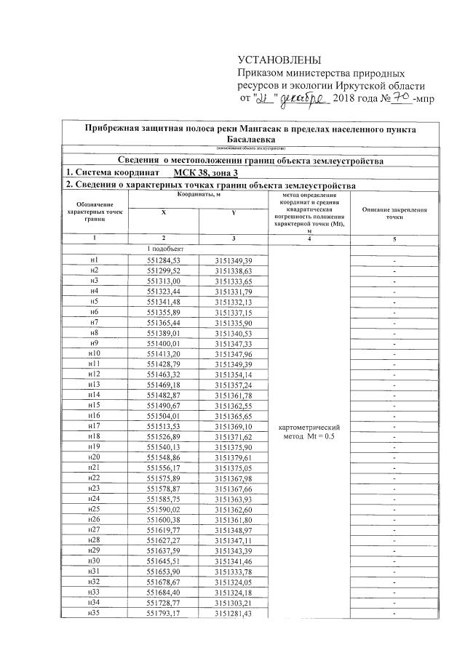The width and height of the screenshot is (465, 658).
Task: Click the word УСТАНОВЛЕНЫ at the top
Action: pyautogui.click(x=279, y=60)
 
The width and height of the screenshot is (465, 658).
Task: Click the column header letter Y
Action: pyautogui.click(x=232, y=212)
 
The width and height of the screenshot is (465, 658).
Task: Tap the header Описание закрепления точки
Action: pyautogui.click(x=394, y=213)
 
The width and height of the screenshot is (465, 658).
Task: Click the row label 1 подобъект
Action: pyautogui.click(x=164, y=249)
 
